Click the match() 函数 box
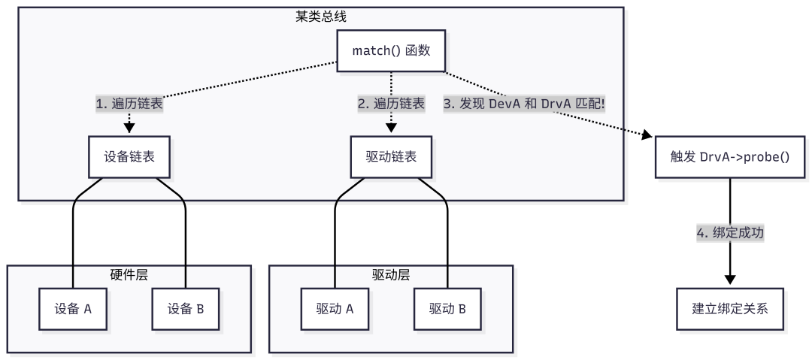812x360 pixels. point(391,52)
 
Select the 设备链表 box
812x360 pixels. point(129,157)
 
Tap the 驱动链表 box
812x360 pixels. point(391,157)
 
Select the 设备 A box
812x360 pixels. point(73,309)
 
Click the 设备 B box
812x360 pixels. point(185,309)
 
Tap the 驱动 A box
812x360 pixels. point(335,309)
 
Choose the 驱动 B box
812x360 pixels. point(447,309)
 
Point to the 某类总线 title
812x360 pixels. point(321,15)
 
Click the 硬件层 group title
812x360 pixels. point(129,274)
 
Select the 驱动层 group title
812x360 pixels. point(391,274)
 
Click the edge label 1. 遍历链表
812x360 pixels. point(129,104)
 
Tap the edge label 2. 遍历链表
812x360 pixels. point(391,104)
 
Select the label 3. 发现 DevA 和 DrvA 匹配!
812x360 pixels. point(524,104)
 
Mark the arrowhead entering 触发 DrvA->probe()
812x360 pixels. point(647,136)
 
